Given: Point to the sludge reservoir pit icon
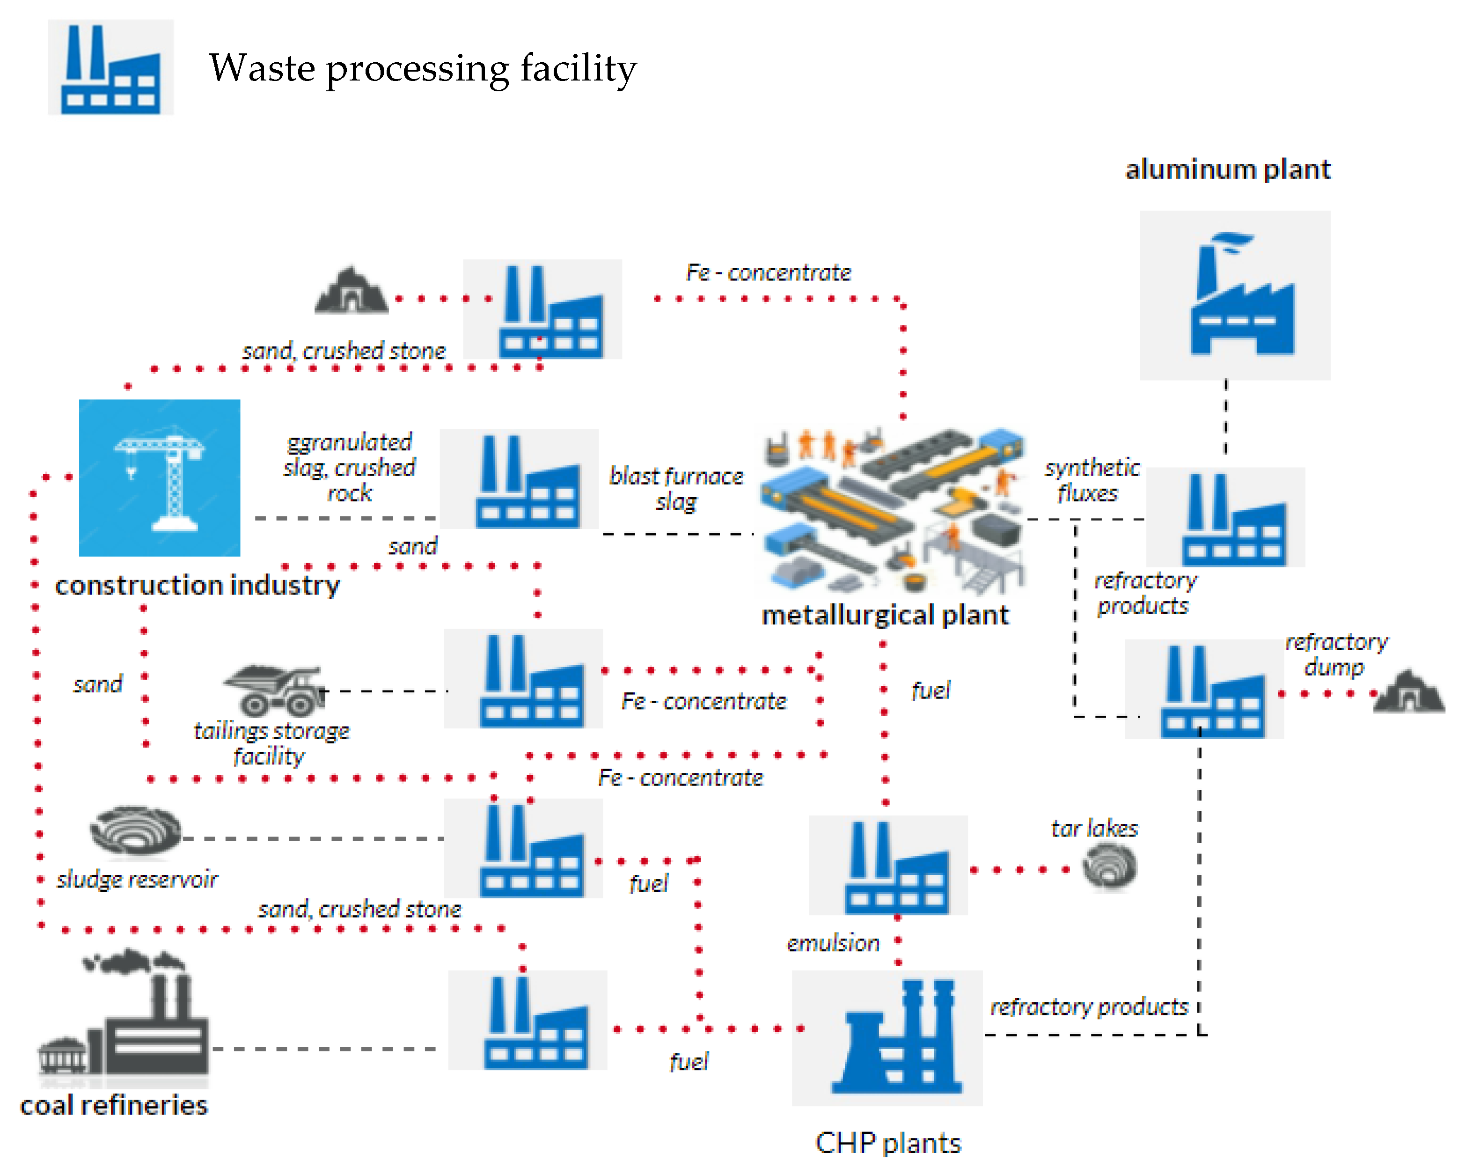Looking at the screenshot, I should (x=135, y=830).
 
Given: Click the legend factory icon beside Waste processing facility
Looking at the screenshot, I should (x=111, y=68).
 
